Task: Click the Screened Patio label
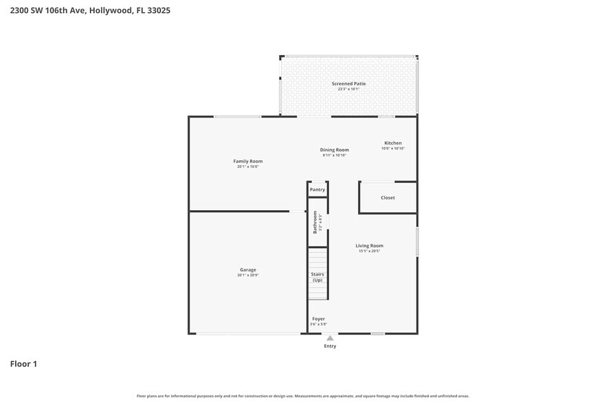pyautogui.click(x=348, y=84)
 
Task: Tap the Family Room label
pyautogui.click(x=247, y=161)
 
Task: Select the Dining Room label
pyautogui.click(x=334, y=150)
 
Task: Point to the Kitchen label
pyautogui.click(x=393, y=143)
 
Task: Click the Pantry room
pyautogui.click(x=317, y=190)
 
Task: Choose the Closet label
pyautogui.click(x=388, y=198)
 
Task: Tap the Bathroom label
pyautogui.click(x=315, y=222)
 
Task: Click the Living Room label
pyautogui.click(x=369, y=245)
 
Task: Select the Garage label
pyautogui.click(x=247, y=269)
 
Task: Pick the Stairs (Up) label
pyautogui.click(x=317, y=278)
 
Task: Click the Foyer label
pyautogui.click(x=319, y=319)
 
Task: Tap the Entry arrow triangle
pyautogui.click(x=330, y=338)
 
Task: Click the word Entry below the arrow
pyautogui.click(x=330, y=346)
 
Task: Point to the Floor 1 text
pyautogui.click(x=23, y=363)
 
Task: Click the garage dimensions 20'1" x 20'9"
pyautogui.click(x=247, y=275)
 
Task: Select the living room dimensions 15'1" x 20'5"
pyautogui.click(x=369, y=251)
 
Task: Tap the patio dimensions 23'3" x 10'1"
pyautogui.click(x=348, y=89)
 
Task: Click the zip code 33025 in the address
pyautogui.click(x=158, y=10)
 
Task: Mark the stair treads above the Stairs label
pyautogui.click(x=317, y=260)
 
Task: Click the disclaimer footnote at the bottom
pyautogui.click(x=302, y=396)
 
